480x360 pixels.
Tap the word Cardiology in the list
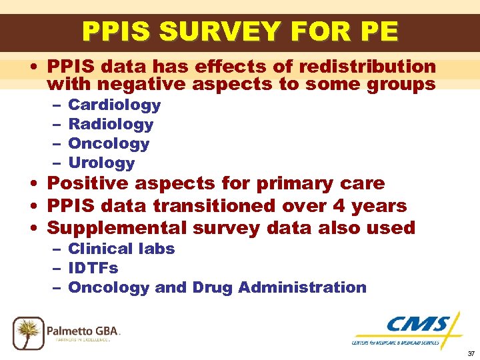coord(115,105)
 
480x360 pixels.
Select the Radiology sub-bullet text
coord(111,124)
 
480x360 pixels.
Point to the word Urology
coord(101,163)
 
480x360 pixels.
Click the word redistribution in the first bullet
coord(367,67)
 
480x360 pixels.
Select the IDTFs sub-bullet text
coord(93,268)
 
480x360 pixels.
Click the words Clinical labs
coord(121,249)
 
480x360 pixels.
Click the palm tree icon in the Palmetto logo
coord(28,331)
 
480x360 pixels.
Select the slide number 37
coord(471,353)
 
